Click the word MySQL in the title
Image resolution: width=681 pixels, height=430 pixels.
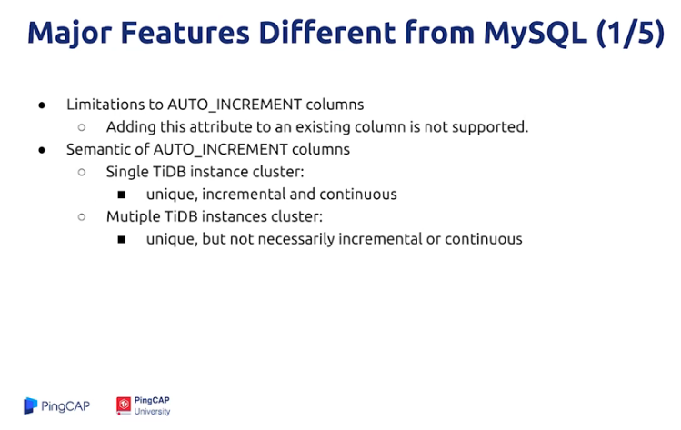[x=535, y=34]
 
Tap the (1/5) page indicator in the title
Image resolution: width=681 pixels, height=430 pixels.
[x=631, y=33]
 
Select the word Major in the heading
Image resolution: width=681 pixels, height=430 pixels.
[x=69, y=34]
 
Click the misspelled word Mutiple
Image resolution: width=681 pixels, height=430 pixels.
[x=133, y=216]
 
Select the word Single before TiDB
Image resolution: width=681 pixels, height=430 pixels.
[x=127, y=172]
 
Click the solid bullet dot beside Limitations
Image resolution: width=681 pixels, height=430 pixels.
[x=42, y=105]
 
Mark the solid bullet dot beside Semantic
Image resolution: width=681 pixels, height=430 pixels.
[x=42, y=150]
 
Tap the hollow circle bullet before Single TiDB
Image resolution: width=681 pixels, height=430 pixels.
[x=82, y=173]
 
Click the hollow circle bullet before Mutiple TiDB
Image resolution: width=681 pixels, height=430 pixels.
[x=82, y=217]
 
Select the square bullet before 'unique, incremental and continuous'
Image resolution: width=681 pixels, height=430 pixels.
[x=122, y=195]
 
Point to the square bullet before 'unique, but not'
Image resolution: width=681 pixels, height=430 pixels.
[x=122, y=240]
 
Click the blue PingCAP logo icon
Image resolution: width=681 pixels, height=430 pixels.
[x=30, y=405]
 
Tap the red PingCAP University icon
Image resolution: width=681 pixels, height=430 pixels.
[x=124, y=405]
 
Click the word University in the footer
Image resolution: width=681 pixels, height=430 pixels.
[x=152, y=411]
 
